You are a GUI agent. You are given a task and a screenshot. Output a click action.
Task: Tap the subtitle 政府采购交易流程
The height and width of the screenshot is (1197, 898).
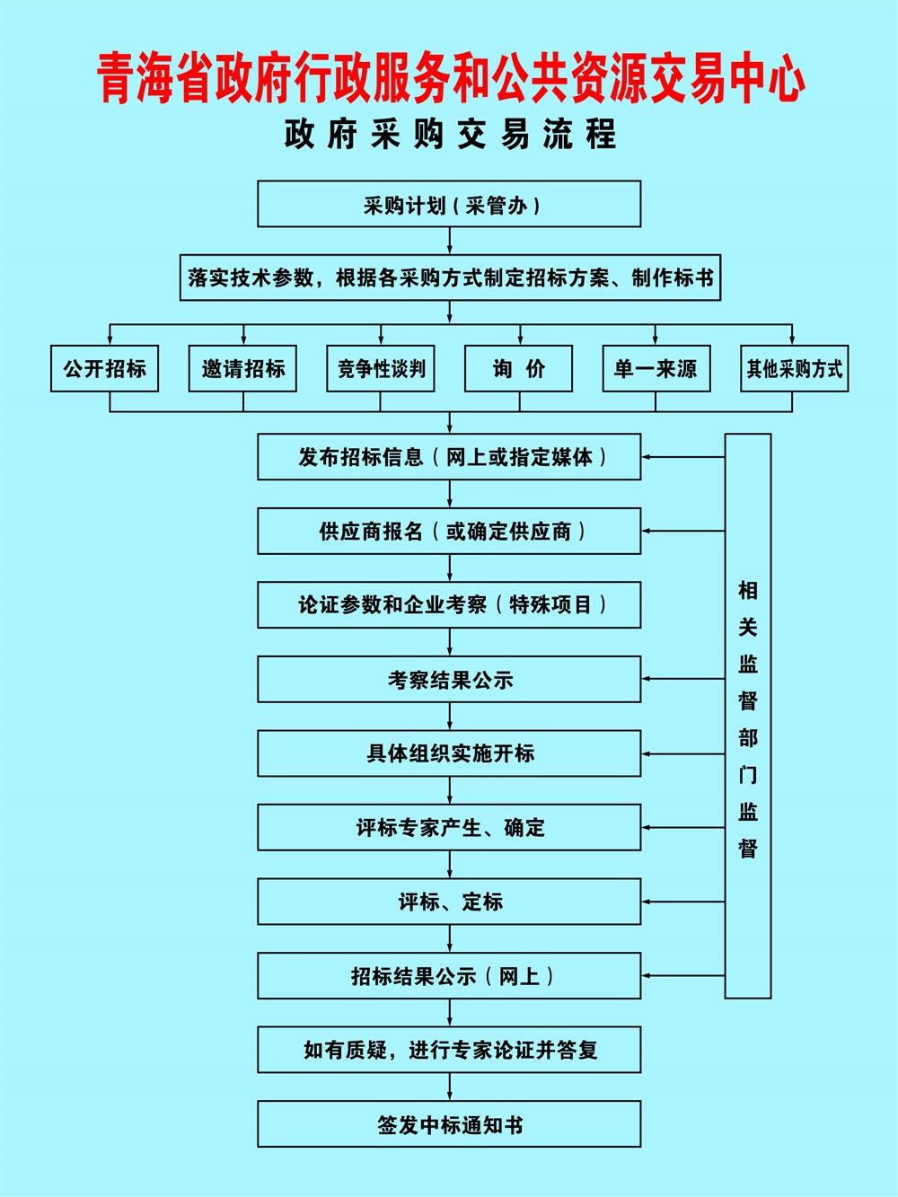(x=451, y=135)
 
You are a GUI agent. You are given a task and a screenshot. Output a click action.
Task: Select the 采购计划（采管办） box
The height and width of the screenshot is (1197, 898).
(x=449, y=204)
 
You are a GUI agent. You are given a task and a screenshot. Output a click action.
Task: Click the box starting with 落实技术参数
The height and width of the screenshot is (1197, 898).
(x=450, y=277)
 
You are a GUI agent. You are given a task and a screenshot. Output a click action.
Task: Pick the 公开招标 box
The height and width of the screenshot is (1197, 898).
(x=104, y=368)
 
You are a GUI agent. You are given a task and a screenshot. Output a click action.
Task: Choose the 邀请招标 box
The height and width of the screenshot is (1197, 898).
(x=242, y=368)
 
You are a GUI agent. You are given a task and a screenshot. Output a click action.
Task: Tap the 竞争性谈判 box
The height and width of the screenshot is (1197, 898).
(x=381, y=368)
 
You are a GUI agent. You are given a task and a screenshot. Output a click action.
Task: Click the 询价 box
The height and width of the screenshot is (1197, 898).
(x=518, y=368)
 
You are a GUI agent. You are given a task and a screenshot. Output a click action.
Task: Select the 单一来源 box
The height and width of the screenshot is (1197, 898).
(x=656, y=368)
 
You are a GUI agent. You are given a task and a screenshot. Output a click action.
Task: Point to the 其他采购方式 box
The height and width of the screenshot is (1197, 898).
(x=794, y=368)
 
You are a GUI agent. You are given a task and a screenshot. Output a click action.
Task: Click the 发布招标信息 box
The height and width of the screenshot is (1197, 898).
(x=449, y=457)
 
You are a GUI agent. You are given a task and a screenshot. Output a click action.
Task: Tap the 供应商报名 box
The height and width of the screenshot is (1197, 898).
(x=449, y=531)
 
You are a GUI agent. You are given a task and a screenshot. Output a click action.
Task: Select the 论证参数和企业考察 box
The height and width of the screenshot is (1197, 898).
(x=449, y=605)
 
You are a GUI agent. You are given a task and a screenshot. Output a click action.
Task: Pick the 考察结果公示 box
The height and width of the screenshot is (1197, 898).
(x=449, y=679)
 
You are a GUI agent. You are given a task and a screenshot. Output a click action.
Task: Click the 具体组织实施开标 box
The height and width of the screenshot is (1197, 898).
(x=449, y=753)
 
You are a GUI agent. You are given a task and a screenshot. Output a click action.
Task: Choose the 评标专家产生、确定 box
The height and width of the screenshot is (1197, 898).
(x=449, y=827)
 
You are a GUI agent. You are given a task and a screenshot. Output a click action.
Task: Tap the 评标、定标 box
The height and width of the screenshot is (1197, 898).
(x=449, y=902)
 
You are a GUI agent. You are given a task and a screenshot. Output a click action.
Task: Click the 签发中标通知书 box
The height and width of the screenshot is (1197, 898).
(x=449, y=1124)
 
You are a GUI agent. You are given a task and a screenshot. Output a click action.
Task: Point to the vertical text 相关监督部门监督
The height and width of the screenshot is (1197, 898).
(x=748, y=718)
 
